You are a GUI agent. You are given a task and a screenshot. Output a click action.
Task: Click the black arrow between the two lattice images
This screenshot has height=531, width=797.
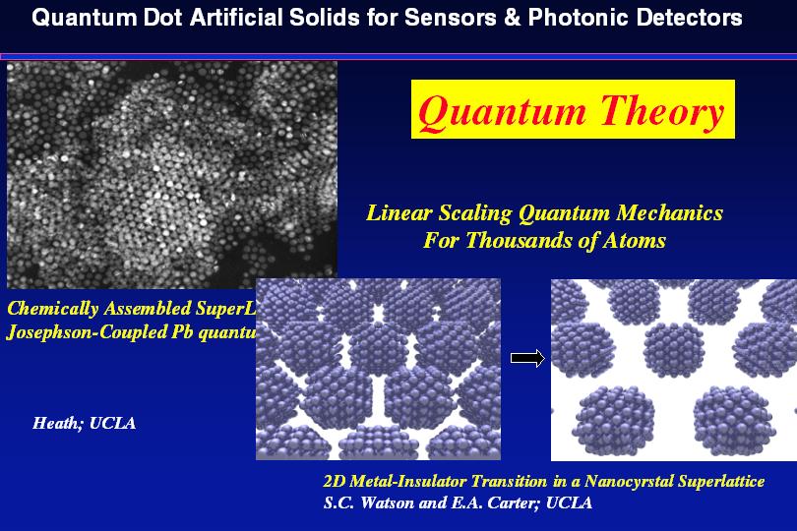click(x=527, y=358)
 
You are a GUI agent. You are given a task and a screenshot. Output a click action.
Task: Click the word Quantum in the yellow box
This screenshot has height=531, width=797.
click(x=502, y=112)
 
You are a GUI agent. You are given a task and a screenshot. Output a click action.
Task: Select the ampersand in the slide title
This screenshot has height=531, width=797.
click(x=513, y=18)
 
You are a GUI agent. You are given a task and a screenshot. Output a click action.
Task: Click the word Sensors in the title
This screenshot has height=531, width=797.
click(x=451, y=18)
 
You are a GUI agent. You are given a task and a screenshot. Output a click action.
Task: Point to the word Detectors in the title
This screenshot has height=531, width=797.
click(x=689, y=18)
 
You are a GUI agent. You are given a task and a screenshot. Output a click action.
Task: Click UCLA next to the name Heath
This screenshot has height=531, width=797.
click(x=112, y=423)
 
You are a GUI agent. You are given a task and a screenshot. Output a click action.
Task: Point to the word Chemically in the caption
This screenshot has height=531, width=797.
click(x=53, y=309)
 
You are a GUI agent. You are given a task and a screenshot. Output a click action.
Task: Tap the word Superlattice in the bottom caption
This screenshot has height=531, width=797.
click(x=727, y=481)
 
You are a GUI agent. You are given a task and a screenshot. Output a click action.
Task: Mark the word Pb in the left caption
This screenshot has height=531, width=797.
click(x=182, y=331)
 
